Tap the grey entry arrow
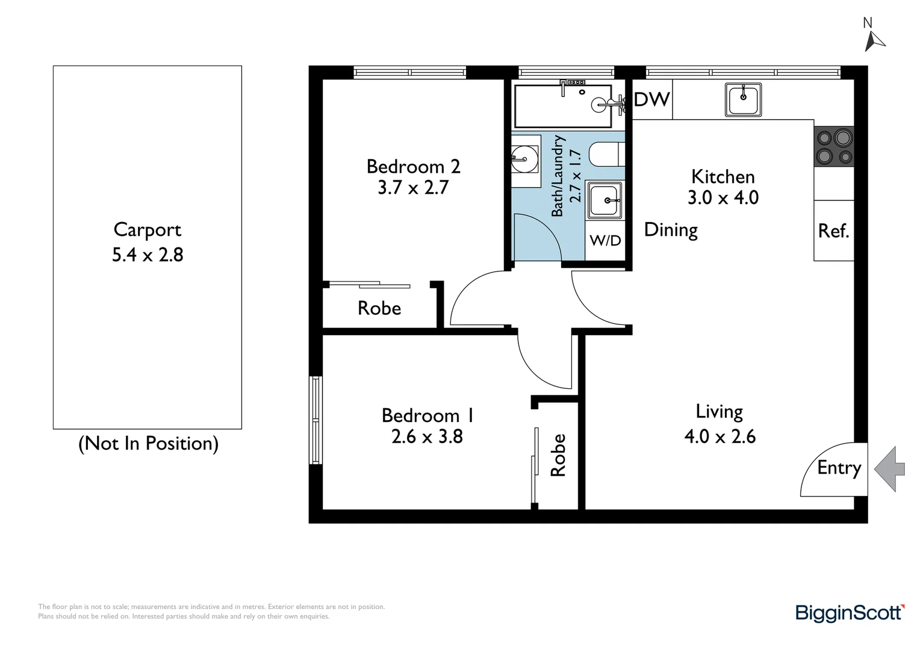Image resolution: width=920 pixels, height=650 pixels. [x=890, y=469]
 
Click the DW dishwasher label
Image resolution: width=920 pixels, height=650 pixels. [x=651, y=99]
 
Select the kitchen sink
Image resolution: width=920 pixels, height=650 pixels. [x=743, y=100]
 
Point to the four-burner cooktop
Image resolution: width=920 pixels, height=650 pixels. [x=833, y=147]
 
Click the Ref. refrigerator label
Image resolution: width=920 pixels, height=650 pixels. [x=833, y=231]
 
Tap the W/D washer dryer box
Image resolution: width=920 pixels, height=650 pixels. [x=605, y=241]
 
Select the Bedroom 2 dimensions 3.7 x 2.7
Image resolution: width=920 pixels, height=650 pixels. [x=413, y=188]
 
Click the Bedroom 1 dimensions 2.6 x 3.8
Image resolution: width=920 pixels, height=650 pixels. [x=427, y=436]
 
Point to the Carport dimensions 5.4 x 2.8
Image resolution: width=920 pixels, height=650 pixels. [x=148, y=255]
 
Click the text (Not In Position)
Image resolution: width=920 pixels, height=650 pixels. [x=148, y=444]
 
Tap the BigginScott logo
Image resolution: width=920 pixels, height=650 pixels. [x=850, y=613]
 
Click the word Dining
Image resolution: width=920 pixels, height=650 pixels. [x=671, y=230]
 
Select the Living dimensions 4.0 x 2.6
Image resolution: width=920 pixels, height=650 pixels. [x=720, y=436]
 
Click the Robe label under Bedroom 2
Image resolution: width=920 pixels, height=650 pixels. [x=379, y=308]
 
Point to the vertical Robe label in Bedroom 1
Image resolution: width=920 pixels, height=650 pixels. [x=558, y=456]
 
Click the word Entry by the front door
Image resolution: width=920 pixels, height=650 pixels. [x=839, y=468]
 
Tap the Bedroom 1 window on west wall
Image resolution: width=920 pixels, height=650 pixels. [x=315, y=420]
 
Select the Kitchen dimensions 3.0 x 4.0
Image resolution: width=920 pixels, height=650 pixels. [x=723, y=197]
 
